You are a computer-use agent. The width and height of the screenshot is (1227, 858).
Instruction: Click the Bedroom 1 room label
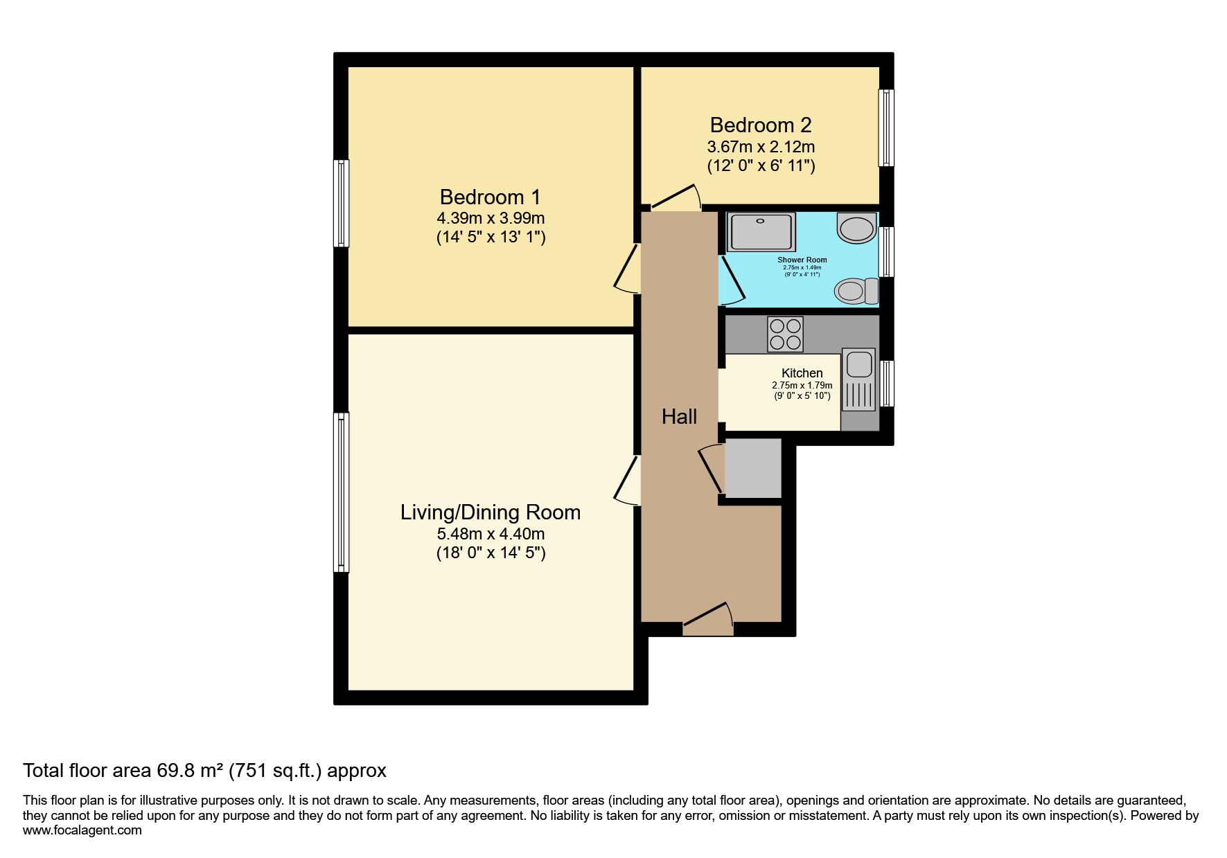tap(490, 197)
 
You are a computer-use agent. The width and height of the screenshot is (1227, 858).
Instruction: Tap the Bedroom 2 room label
tap(761, 125)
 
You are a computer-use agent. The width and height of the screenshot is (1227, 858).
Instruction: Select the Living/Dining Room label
tap(491, 512)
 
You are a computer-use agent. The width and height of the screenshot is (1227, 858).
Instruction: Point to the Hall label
tap(679, 416)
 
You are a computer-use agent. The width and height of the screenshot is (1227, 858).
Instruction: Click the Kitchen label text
tap(802, 373)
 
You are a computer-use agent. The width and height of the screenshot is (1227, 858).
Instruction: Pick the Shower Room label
tap(802, 260)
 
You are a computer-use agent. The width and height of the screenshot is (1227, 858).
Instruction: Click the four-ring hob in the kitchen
tap(786, 334)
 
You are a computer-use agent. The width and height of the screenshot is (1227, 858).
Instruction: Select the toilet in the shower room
tap(856, 291)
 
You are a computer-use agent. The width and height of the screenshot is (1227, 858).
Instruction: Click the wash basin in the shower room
tap(857, 228)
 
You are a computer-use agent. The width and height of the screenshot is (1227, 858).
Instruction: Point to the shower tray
tap(761, 231)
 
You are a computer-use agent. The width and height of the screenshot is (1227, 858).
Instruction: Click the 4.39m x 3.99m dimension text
tap(491, 218)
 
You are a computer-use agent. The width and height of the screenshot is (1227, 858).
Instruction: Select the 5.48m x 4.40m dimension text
tap(491, 534)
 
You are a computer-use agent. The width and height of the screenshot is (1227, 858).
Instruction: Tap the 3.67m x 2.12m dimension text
tap(761, 147)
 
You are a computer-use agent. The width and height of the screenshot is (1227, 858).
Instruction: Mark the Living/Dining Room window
tap(341, 492)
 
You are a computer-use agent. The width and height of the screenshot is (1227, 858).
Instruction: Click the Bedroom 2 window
tap(886, 127)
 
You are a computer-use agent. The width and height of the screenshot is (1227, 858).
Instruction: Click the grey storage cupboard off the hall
tap(752, 467)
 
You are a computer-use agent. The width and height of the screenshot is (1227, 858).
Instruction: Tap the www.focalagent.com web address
tap(82, 830)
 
